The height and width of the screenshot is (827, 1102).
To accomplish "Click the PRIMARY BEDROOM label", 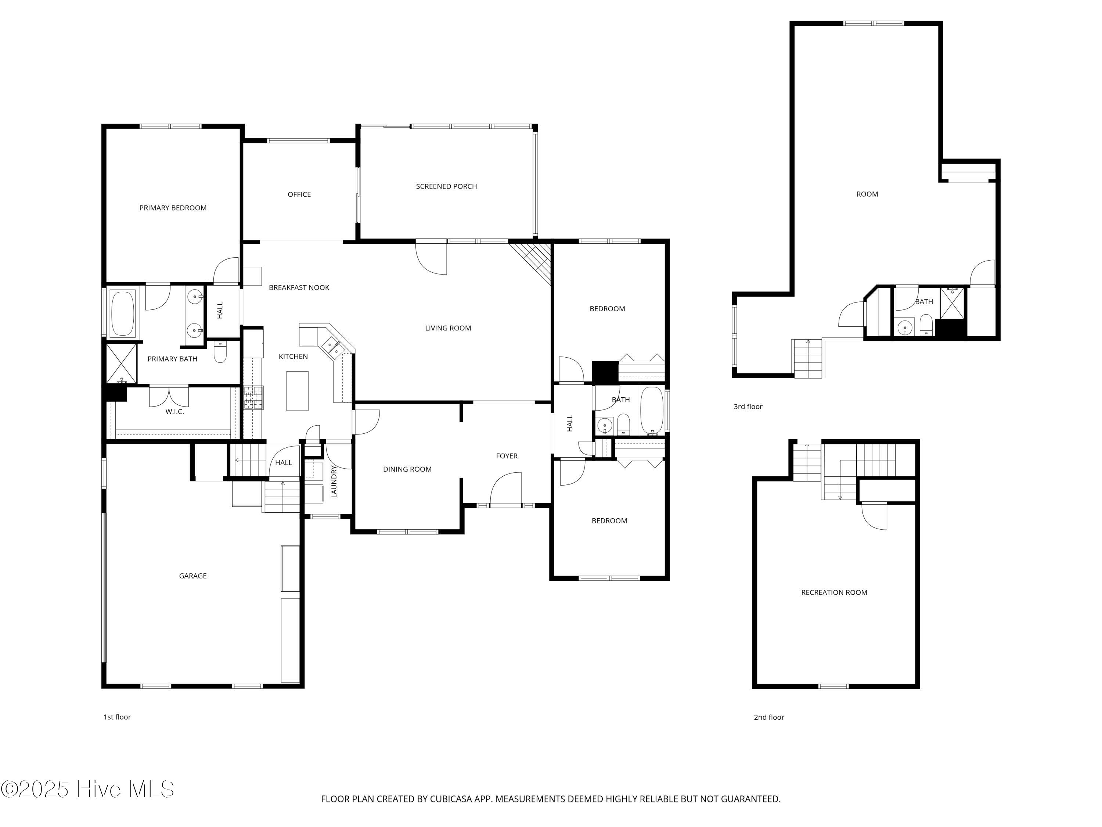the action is point(173,208).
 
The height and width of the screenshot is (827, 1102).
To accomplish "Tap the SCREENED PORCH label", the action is point(446,186).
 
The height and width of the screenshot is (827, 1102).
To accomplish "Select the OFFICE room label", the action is point(299,194).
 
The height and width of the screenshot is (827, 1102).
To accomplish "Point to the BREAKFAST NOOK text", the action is point(299,288).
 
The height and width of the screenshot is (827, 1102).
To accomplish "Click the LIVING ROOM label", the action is point(448,328).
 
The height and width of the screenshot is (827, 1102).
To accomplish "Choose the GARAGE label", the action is point(193,576).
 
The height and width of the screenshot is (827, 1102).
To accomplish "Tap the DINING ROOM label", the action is point(407,469).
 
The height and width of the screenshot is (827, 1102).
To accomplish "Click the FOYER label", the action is point(507,456).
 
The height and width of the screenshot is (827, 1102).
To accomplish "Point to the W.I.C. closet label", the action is point(174,412).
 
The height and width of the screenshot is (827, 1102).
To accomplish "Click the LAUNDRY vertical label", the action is point(334,481).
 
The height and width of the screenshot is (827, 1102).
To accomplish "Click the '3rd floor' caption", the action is point(748,407).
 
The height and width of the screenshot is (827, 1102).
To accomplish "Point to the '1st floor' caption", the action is point(117,717).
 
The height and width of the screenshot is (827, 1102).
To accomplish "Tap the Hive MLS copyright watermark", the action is point(88,789).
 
